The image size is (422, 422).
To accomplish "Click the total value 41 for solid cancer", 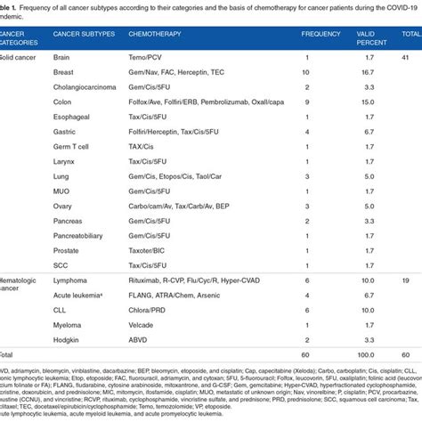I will point(405,56).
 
